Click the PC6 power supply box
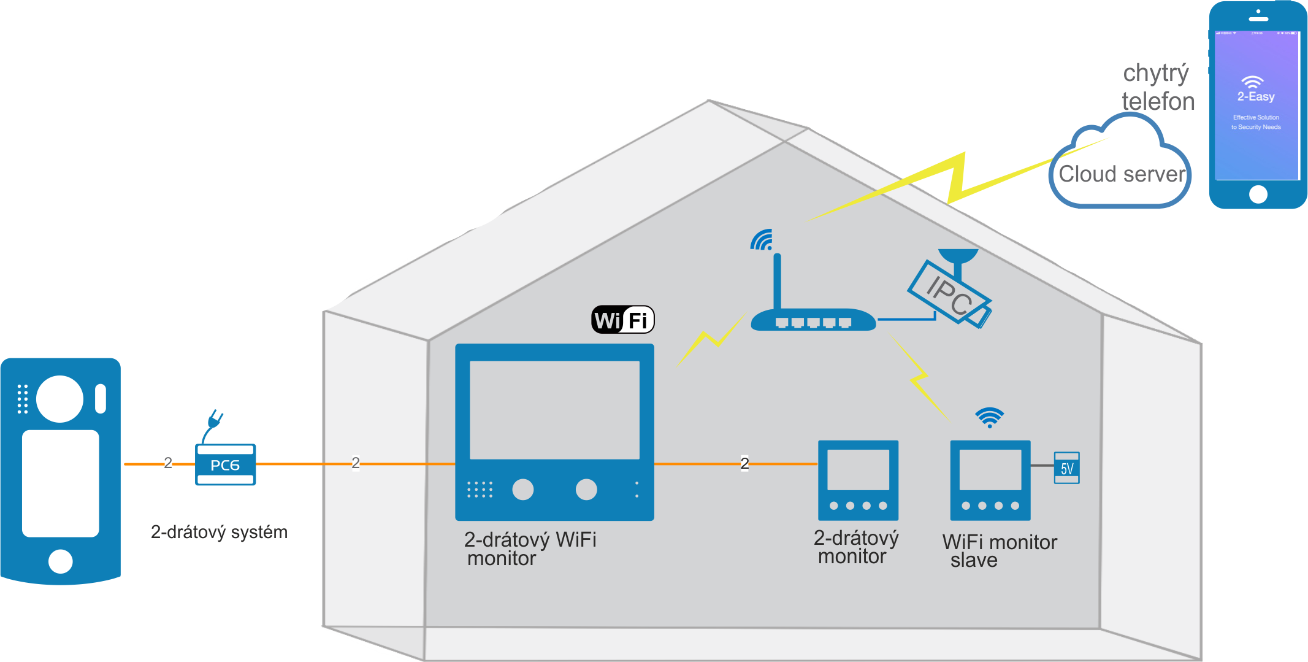coord(225,464)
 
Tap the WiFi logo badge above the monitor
coord(622,320)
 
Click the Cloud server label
coord(1122,174)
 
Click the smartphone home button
coord(1258,194)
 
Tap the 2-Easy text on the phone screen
coord(1256,96)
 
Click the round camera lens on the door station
coord(59,399)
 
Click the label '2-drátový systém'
coord(219,532)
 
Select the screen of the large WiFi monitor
coord(554,409)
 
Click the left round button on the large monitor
coord(522,489)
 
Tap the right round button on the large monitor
coord(586,489)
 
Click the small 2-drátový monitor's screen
coord(858,470)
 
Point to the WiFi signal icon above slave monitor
coord(989,417)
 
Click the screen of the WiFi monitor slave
coord(990,470)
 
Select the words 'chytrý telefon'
coord(1158,87)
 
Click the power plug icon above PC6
coord(214,422)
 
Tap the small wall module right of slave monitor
coord(1066,468)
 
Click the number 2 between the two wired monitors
coord(744,463)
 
